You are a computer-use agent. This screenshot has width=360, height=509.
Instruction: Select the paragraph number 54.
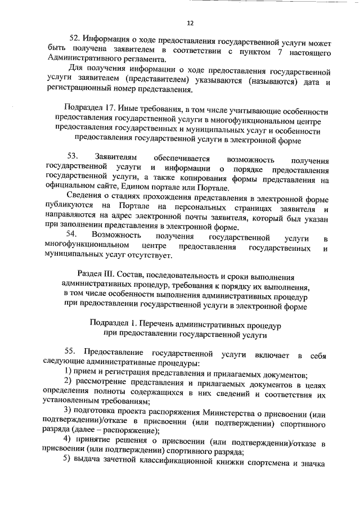coord(72,233)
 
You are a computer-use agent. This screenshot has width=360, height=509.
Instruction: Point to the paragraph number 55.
coord(73,352)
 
